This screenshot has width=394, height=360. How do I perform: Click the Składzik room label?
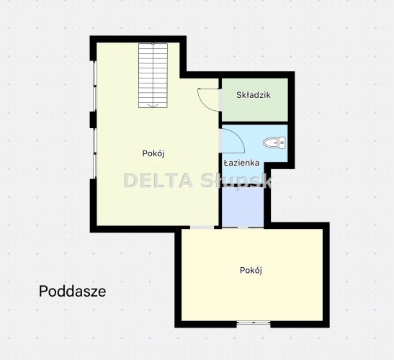pyautogui.click(x=254, y=95)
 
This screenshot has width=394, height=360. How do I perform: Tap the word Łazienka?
pyautogui.click(x=241, y=163)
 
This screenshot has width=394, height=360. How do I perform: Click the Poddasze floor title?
pyautogui.click(x=72, y=292)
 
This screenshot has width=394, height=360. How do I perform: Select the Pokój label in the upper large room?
pyautogui.click(x=153, y=153)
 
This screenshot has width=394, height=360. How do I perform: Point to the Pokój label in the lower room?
pyautogui.click(x=251, y=270)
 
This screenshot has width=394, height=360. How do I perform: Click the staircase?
pyautogui.click(x=153, y=76)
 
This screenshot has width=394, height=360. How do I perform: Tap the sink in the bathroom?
pyautogui.click(x=274, y=143)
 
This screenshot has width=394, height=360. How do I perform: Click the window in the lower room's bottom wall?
pyautogui.click(x=254, y=324)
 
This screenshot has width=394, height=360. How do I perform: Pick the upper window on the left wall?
pyautogui.click(x=94, y=86)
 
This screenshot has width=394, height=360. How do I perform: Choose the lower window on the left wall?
pyautogui.click(x=94, y=153)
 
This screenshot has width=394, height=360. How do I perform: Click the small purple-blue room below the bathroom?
pyautogui.click(x=243, y=207)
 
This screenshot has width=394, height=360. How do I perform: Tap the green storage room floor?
pyautogui.click(x=255, y=100)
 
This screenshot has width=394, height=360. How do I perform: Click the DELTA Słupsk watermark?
pyautogui.click(x=198, y=181)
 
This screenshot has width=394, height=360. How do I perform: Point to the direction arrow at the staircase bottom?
pyautogui.click(x=153, y=105)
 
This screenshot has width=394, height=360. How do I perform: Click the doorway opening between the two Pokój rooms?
pyautogui.click(x=202, y=228)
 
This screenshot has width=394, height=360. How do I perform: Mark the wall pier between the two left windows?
pyautogui.click(x=93, y=120)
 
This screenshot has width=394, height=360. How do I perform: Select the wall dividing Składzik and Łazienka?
pyautogui.click(x=255, y=123)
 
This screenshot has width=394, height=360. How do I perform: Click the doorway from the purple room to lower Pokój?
pyautogui.click(x=243, y=228)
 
